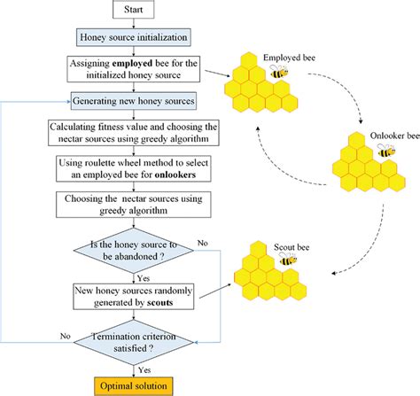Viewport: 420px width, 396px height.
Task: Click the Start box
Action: coord(134,9)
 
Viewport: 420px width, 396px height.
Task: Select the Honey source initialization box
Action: coord(134,37)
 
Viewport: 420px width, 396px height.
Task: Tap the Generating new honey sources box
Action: coord(134,101)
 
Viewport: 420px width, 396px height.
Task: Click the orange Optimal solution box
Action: coord(134,386)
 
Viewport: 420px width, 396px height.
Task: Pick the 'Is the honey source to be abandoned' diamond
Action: coord(134,251)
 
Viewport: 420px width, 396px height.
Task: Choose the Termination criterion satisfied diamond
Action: coord(134,343)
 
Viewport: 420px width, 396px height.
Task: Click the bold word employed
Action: coord(133,64)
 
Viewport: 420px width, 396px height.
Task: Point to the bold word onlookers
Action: coord(175,175)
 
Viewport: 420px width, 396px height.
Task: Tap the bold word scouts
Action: coord(160,303)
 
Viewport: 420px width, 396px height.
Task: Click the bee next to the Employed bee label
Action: coord(279,72)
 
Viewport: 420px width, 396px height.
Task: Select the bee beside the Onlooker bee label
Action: coord(386,151)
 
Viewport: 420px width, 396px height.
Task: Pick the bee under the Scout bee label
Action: coord(288,259)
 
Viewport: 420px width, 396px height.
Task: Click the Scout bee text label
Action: coord(292,247)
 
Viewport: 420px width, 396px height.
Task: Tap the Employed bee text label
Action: coord(289,58)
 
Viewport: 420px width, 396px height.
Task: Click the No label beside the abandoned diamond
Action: coord(203,243)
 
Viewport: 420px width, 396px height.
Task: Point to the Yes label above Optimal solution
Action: coord(144,370)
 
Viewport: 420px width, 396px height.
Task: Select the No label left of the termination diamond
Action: coord(66,336)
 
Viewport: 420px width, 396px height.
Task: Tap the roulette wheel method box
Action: coord(134,168)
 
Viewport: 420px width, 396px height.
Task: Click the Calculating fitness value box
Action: coord(134,133)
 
